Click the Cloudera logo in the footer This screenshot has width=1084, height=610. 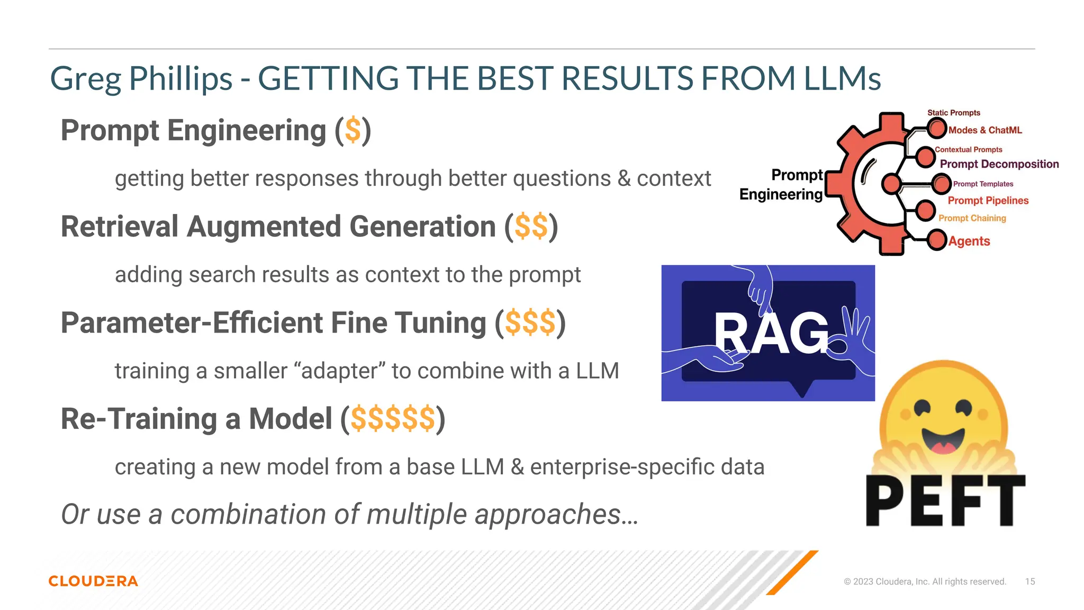coord(93,581)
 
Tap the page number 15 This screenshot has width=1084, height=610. coord(1029,581)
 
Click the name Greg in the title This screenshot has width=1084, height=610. coord(85,78)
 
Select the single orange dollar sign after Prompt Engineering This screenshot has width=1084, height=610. coord(353,130)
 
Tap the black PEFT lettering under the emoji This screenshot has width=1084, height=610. coord(945,500)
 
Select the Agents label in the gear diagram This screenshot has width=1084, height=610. coord(969,241)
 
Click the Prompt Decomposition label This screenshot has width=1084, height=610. coord(999,164)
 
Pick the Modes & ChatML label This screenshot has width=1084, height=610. coord(984,130)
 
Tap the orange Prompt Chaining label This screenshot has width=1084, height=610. coord(972,218)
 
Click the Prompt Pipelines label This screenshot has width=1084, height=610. coord(988,201)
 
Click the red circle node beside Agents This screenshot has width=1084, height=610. coord(936,240)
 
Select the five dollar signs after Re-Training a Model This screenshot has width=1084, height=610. coord(392,419)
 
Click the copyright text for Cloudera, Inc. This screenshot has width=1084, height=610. coord(924,581)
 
